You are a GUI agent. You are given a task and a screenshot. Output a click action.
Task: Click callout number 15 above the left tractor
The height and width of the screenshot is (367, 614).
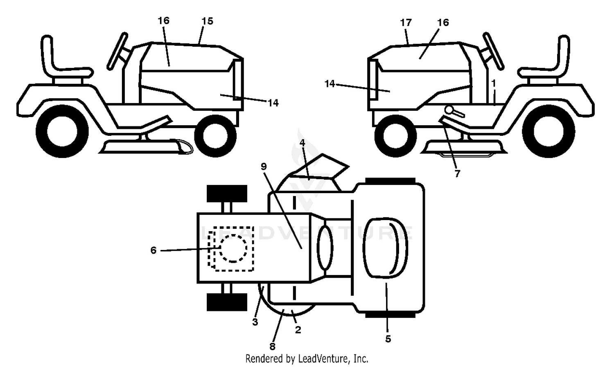pos(207,21)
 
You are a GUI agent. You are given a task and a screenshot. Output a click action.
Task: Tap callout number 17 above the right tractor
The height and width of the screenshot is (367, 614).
pos(406,23)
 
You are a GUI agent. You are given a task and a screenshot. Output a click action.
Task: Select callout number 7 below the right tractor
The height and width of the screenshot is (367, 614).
pos(457,173)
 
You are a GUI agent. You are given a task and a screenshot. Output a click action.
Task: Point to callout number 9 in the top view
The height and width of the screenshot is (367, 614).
pos(264,166)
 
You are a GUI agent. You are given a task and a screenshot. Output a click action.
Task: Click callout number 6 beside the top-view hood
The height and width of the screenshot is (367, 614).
pos(153,250)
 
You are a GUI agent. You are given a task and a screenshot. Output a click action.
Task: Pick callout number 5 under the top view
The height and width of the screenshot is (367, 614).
pos(388,339)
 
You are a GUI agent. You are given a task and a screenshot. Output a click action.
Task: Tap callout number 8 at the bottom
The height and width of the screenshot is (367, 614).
pos(272,347)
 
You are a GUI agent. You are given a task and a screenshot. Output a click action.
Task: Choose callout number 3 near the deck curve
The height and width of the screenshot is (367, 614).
pos(255,322)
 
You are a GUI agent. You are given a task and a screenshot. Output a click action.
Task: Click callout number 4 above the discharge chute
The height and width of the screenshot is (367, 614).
pos(302,142)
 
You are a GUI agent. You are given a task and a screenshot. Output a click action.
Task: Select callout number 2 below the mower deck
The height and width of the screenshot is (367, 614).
pos(298,330)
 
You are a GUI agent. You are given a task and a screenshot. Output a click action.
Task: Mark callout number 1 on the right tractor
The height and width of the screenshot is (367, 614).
pos(494,83)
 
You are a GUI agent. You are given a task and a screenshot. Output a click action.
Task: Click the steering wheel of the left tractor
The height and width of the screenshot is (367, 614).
pos(117,52)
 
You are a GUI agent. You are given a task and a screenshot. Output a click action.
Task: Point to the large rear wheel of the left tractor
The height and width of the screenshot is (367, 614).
pos(62,131)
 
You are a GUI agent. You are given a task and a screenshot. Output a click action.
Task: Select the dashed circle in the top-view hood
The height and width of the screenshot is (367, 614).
pos(233,249)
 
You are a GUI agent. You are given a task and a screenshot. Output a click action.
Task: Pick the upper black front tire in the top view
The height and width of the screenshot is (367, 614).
pos(227,194)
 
